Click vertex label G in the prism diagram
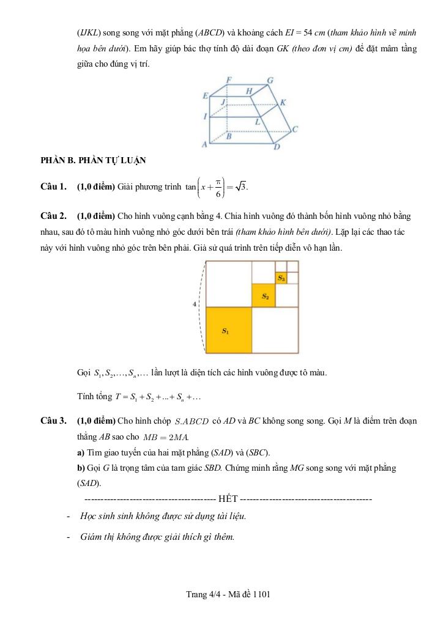pyautogui.click(x=270, y=80)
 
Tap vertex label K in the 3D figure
pyautogui.click(x=283, y=102)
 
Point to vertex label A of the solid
pyautogui.click(x=204, y=144)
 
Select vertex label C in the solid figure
pyautogui.click(x=295, y=129)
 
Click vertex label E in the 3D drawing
pyautogui.click(x=206, y=96)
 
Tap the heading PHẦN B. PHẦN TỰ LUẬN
pyautogui.click(x=93, y=161)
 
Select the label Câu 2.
pyautogui.click(x=53, y=216)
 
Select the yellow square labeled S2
pyautogui.click(x=264, y=296)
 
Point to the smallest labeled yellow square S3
pyautogui.click(x=281, y=278)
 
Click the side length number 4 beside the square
pyautogui.click(x=195, y=304)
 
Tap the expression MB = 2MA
pyautogui.click(x=166, y=437)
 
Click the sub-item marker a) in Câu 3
pyautogui.click(x=81, y=452)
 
